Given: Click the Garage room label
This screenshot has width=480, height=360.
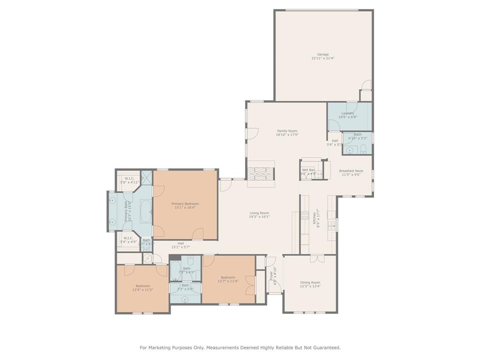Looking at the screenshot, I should [323, 54].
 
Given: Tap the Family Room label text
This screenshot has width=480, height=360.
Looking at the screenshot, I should [287, 131].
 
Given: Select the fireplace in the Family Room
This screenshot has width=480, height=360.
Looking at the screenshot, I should [260, 172].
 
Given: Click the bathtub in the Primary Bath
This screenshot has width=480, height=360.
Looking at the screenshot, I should [146, 212].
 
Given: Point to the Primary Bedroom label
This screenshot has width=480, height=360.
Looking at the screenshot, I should [185, 204].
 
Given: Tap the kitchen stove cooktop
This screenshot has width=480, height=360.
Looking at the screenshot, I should [305, 216].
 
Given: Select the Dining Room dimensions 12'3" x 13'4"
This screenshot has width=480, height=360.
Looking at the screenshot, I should [310, 286].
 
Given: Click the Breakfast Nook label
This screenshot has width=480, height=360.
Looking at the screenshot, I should [351, 171].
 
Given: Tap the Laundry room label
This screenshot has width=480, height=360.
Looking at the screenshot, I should [348, 113].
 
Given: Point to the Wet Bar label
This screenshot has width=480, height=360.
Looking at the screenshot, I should [308, 170].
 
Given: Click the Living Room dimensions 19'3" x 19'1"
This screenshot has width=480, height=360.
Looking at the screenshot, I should [259, 217].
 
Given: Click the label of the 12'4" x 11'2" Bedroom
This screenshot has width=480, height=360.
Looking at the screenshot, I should [143, 286].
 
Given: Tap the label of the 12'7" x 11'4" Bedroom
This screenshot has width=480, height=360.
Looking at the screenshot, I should [228, 277].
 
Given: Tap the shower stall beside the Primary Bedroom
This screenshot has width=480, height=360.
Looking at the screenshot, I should [147, 177].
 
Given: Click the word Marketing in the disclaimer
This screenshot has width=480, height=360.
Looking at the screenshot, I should [167, 347].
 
